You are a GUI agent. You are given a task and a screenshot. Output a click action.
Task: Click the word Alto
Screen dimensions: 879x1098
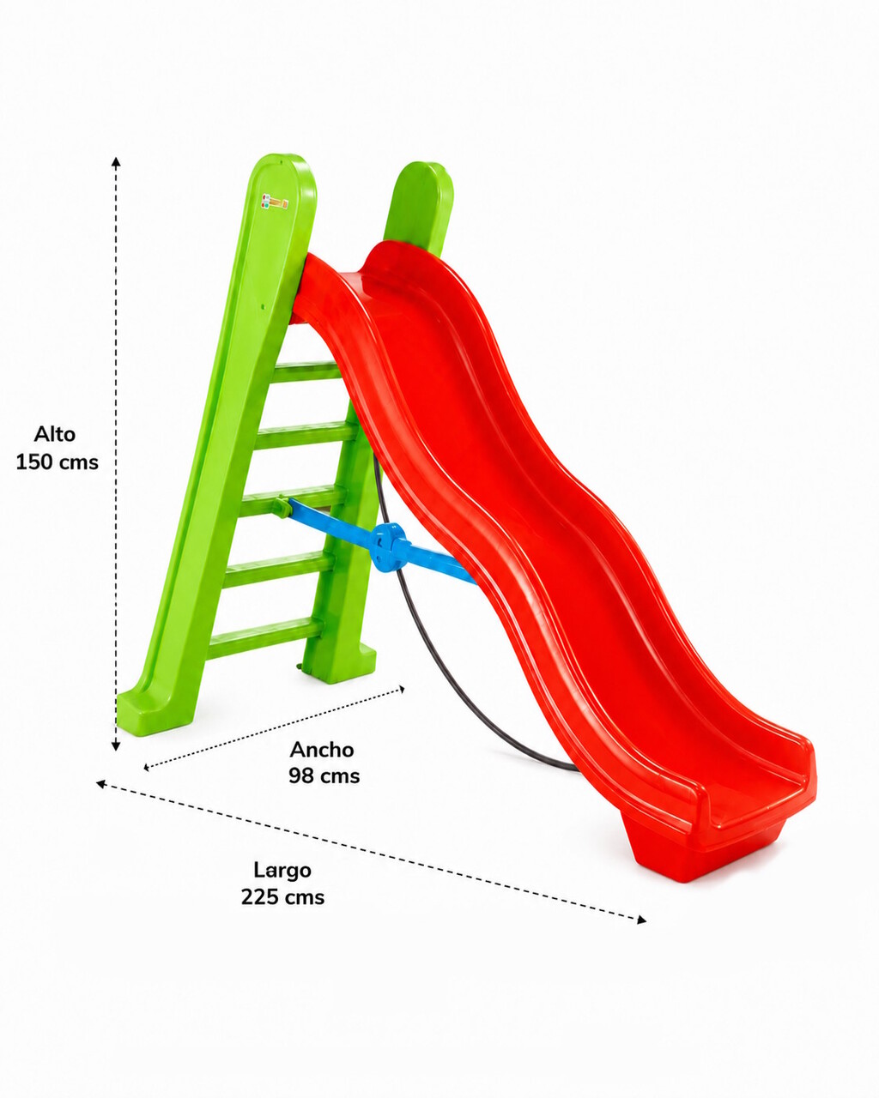pos(55,434)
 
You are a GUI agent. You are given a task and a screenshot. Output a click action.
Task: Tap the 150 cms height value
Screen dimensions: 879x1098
pos(58,462)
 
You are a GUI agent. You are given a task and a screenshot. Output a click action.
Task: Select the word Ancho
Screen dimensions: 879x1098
pos(322,750)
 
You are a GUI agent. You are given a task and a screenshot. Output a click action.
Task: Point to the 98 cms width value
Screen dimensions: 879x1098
pos(324,776)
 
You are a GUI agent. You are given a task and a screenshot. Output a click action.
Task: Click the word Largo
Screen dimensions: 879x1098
pos(282,871)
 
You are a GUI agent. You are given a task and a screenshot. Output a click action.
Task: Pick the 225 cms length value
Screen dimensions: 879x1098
pos(283,897)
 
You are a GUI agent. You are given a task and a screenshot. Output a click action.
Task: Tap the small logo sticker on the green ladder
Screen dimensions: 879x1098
pos(276,201)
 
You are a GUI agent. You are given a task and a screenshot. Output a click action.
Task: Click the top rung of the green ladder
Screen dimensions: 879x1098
pos(307,371)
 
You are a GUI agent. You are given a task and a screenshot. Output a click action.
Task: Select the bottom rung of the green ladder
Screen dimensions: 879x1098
pos(266,636)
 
